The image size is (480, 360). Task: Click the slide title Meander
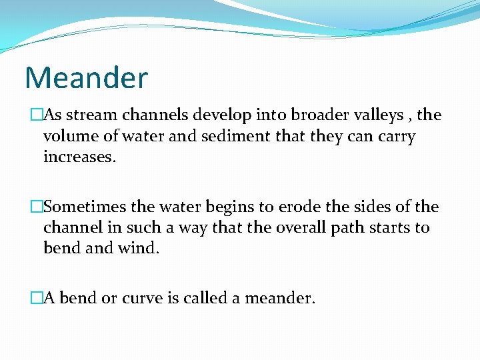(x=86, y=78)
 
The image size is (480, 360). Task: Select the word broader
(x=313, y=115)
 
